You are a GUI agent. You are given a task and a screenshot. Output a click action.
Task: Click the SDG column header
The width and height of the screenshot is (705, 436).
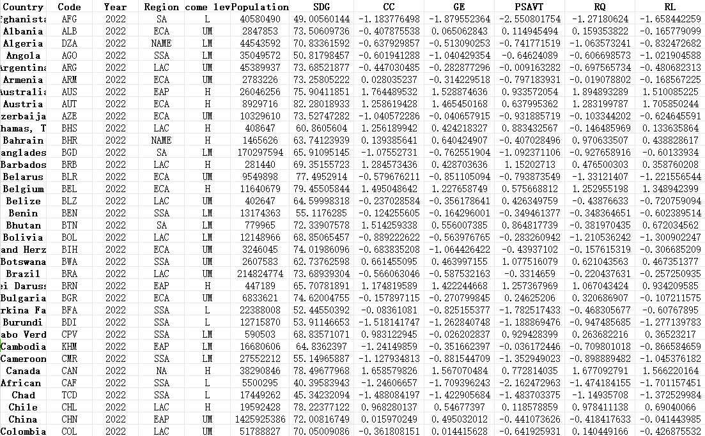coord(322,6)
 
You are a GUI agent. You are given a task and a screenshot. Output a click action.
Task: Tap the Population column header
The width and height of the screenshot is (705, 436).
coord(259,6)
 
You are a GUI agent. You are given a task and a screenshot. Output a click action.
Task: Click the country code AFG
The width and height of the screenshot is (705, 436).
coord(69,19)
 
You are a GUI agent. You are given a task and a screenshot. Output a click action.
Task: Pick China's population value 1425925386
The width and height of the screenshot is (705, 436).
coord(259,419)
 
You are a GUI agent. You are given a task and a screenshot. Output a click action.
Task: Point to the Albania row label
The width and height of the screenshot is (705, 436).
coord(23,31)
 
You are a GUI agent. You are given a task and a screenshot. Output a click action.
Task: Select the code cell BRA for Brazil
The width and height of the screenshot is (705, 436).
coord(69,274)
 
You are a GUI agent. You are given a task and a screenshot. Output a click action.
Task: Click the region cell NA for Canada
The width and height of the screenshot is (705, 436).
coord(161,371)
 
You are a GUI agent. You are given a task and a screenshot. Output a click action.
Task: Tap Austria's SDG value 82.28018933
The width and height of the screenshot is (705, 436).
coord(322,104)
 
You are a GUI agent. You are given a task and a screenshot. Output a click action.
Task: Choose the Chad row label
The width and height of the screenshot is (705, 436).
coord(23,395)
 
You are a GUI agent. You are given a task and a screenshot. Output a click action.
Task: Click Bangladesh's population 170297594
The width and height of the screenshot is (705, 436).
coord(259,153)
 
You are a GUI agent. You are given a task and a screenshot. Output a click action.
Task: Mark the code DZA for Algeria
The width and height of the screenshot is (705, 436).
coord(69,43)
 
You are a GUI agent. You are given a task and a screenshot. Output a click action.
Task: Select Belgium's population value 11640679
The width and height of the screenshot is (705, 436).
coord(259,189)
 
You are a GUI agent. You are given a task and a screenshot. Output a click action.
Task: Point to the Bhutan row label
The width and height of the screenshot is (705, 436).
coord(23,225)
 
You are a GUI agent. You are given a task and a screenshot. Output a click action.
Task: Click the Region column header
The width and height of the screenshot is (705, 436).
coord(161,6)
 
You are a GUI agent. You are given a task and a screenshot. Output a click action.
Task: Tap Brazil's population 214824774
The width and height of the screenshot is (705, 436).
coord(259,274)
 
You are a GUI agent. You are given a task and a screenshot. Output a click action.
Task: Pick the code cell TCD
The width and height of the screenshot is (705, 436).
coord(69,395)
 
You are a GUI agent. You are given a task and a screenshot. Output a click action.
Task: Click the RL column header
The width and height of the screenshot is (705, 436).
coord(669,6)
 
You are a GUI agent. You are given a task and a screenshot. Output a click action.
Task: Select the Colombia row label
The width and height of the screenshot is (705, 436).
coord(23,432)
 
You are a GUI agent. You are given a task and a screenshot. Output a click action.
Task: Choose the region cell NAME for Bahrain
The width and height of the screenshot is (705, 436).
coord(161,140)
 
